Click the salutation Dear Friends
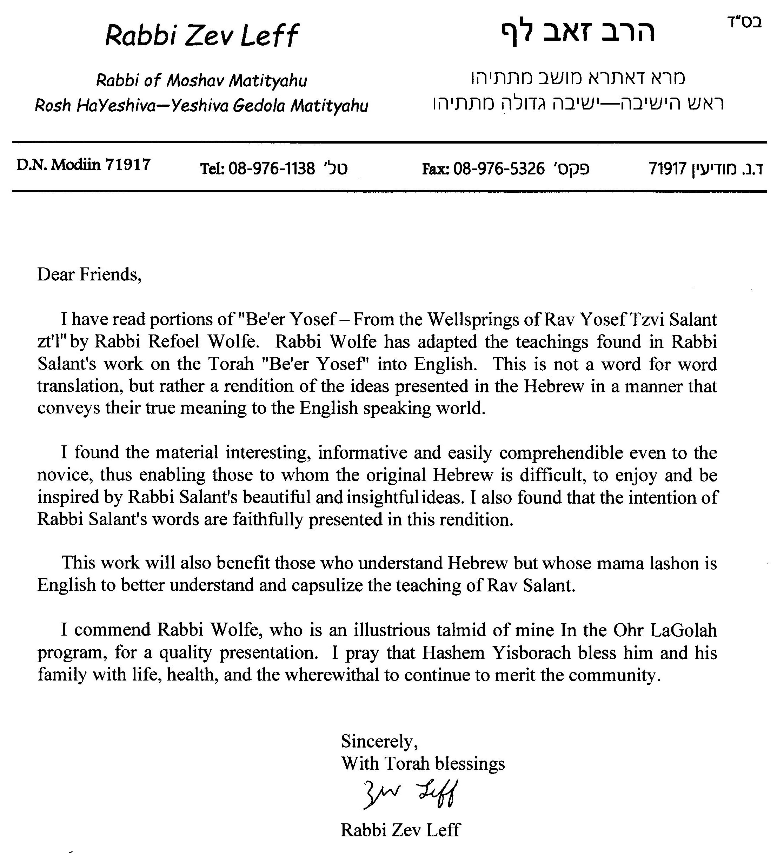[89, 274]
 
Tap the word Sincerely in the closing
[379, 741]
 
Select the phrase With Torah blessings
[423, 763]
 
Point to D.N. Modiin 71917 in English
[84, 165]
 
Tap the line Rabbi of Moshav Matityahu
[202, 80]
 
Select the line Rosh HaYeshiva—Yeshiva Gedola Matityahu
[202, 105]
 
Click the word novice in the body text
[65, 475]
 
